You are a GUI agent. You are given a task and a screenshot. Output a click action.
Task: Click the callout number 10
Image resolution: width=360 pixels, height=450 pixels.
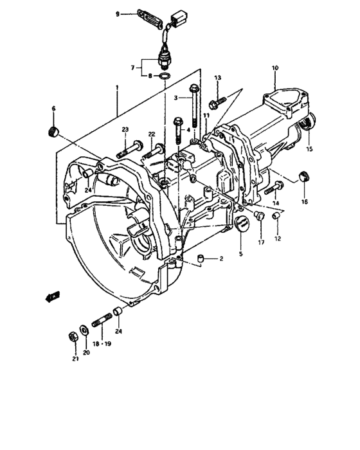(274, 68)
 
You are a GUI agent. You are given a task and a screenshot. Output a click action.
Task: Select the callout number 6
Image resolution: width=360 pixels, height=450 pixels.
(53, 109)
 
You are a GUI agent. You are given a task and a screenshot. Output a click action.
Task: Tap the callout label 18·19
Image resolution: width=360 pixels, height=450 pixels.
(102, 345)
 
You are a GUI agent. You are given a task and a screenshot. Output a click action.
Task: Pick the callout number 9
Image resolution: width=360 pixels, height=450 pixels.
(117, 14)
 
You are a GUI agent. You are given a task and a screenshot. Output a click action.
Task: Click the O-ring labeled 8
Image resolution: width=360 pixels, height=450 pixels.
(164, 76)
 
